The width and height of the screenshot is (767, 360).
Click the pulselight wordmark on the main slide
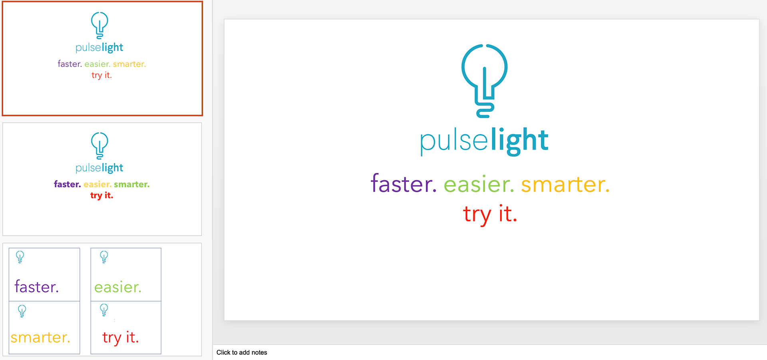484,141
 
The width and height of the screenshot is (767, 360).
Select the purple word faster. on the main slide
403,183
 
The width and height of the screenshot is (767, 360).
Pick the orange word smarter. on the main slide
565,184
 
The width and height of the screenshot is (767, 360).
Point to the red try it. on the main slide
490,215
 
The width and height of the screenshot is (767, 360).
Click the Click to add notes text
242,352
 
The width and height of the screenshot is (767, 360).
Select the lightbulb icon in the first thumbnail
99,25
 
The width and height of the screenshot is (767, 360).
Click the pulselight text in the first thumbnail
99,48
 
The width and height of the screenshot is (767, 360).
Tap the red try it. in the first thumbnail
101,75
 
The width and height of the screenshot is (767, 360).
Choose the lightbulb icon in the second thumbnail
99,145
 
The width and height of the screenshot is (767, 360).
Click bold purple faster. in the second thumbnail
68,184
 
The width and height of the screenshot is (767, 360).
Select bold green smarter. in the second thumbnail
132,184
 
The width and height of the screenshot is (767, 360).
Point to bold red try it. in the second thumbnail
102,195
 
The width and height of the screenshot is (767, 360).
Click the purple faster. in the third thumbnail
37,287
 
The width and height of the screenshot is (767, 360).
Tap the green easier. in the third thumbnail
118,287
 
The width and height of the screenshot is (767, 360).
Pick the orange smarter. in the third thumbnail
40,338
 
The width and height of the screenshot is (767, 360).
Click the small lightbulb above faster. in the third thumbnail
20,257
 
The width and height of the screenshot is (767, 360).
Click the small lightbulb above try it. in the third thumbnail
104,310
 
